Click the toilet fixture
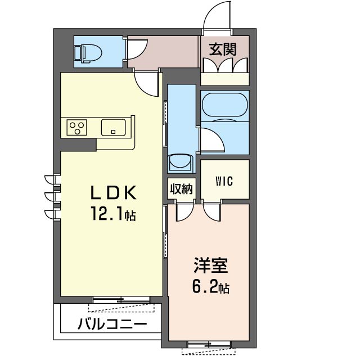89,53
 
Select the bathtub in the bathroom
225,106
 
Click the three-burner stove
76,127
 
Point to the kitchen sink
114,128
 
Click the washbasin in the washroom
180,163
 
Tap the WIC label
224,181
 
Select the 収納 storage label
181,188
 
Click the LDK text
114,192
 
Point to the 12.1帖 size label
114,213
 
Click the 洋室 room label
211,265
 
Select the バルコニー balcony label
112,325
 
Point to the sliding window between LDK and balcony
121,300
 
